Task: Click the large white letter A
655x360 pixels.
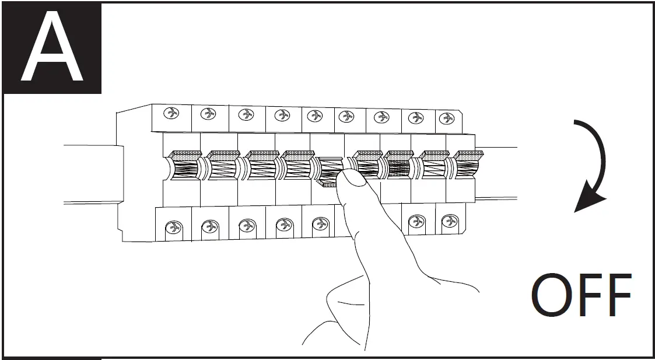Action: (52, 50)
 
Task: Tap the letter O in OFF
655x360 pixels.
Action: (554, 295)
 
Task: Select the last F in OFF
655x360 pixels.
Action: (617, 295)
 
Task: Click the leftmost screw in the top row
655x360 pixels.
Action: (173, 113)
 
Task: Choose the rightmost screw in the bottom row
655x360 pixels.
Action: (449, 222)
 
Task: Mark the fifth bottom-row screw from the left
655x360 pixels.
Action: (319, 223)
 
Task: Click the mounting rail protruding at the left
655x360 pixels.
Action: (90, 174)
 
